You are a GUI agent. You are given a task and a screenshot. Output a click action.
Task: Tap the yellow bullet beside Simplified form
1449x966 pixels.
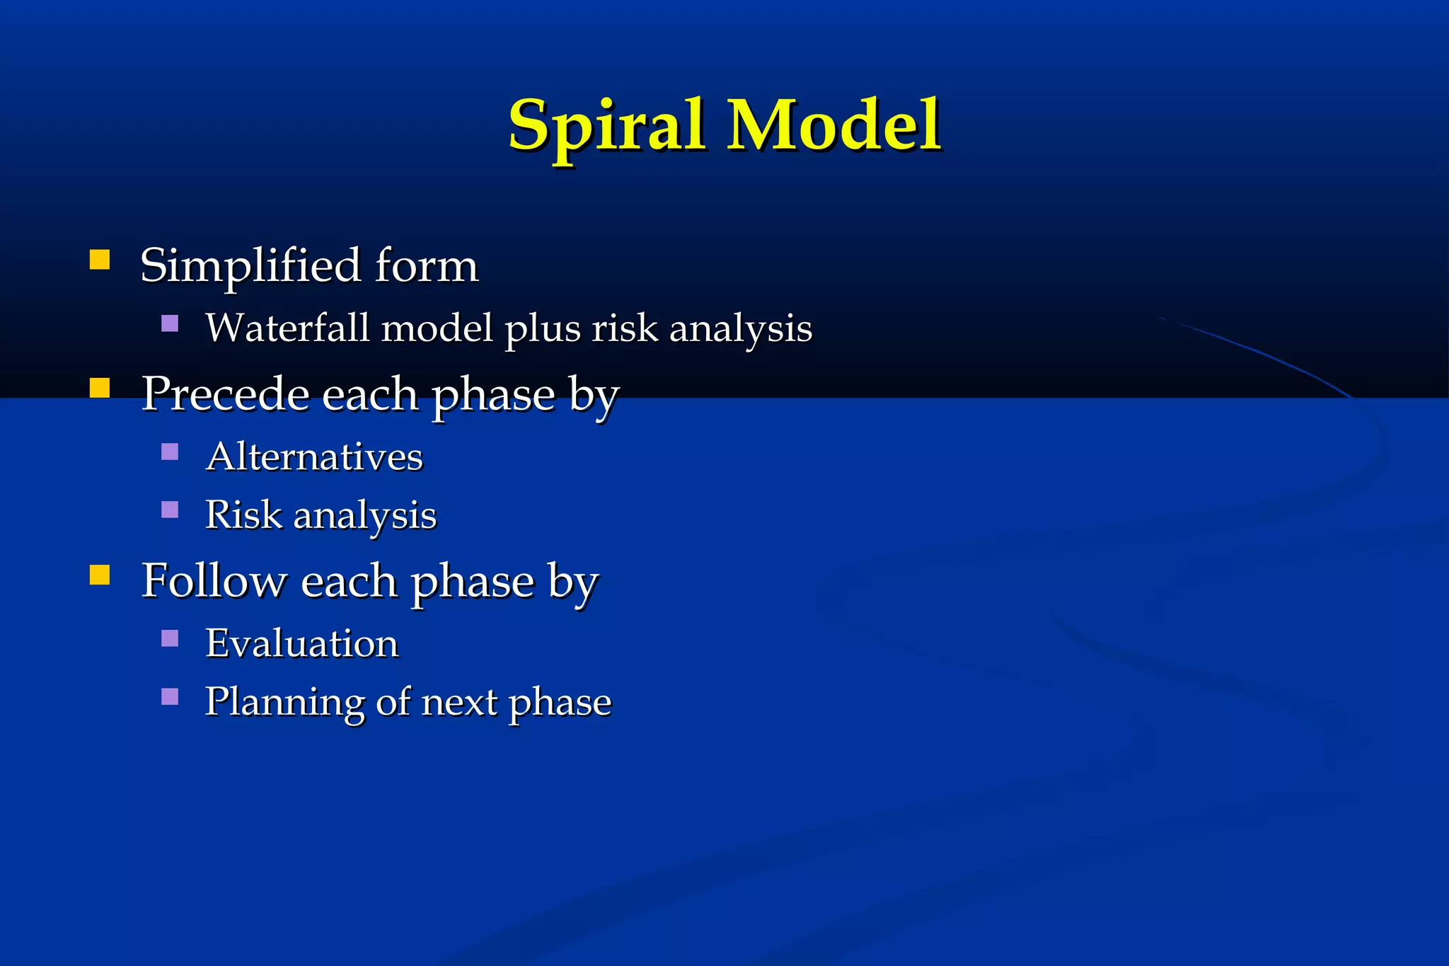tap(100, 260)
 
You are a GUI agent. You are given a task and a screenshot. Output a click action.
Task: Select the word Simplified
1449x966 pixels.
tap(250, 266)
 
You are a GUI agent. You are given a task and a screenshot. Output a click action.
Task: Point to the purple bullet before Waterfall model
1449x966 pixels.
tap(170, 323)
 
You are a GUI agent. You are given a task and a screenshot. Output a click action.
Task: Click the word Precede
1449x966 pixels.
tap(226, 393)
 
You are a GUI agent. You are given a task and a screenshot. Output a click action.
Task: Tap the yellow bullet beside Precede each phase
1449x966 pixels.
tap(100, 388)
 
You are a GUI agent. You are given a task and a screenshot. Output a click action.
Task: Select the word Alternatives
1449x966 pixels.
tap(314, 456)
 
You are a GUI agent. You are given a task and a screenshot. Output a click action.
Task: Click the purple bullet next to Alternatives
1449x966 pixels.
tap(170, 452)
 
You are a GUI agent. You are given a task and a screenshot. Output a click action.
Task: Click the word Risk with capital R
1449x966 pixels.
tap(243, 514)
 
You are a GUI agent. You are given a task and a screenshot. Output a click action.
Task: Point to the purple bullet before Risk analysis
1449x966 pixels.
tap(170, 510)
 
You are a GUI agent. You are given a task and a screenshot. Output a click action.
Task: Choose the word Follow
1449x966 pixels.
tap(214, 580)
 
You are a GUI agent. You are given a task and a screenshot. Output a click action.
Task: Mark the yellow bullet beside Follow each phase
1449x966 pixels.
tap(100, 575)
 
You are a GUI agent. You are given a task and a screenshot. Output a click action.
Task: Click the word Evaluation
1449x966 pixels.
tap(301, 643)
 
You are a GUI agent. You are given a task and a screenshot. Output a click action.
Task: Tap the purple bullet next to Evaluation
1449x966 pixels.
tap(170, 638)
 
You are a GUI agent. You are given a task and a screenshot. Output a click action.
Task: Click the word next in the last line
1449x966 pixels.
tap(459, 703)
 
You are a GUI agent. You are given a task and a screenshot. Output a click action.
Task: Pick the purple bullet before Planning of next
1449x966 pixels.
tap(170, 697)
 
